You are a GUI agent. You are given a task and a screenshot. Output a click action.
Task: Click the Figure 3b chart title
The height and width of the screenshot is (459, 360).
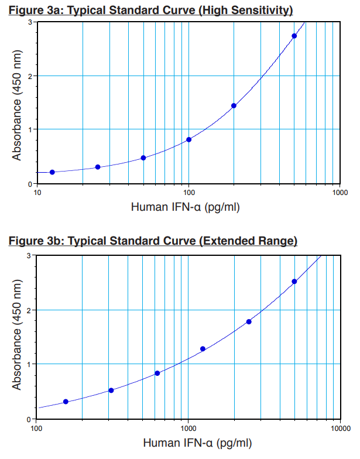pos(152,241)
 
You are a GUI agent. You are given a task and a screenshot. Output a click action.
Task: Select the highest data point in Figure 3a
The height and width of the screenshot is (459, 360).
pos(294,36)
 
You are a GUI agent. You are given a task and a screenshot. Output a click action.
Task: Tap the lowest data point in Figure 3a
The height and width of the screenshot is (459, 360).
pos(52,172)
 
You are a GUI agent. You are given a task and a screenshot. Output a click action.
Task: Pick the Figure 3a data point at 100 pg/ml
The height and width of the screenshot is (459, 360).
pos(188,139)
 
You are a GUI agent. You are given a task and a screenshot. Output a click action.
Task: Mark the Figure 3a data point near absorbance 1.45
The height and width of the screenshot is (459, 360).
pos(234,106)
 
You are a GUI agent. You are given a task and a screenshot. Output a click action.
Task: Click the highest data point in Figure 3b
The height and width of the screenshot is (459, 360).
pos(294,282)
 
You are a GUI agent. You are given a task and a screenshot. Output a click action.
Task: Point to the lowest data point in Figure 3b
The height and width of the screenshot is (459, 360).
pos(66,402)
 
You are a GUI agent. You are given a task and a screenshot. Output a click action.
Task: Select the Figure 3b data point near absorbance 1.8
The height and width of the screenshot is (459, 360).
pos(249,321)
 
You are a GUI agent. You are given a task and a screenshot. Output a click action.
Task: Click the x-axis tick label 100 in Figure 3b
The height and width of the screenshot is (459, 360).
pos(36,428)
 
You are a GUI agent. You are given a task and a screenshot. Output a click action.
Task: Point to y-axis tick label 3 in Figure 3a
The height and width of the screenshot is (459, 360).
pos(30,22)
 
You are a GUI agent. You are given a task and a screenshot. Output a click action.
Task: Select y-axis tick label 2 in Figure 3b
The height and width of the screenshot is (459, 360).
pos(30,310)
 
